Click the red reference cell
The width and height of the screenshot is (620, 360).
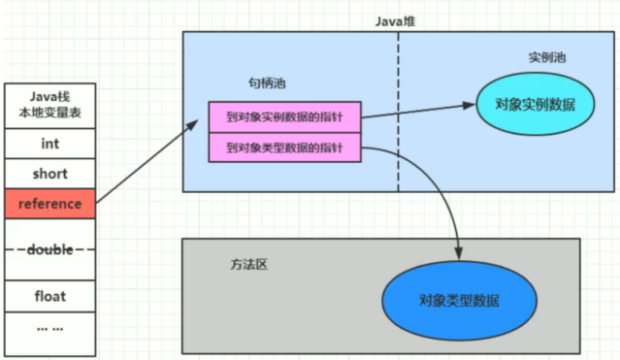[49, 204]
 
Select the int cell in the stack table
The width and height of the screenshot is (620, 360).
[49, 144]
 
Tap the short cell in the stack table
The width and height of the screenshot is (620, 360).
[49, 174]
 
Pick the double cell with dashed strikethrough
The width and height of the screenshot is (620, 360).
[49, 249]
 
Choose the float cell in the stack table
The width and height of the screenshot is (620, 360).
[49, 295]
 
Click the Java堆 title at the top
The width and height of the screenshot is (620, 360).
[398, 20]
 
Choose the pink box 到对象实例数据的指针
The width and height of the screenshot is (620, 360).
[284, 116]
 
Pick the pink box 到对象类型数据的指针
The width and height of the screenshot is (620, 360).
[284, 147]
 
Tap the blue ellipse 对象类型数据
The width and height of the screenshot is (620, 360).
[459, 299]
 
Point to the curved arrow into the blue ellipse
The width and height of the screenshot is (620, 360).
[432, 184]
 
